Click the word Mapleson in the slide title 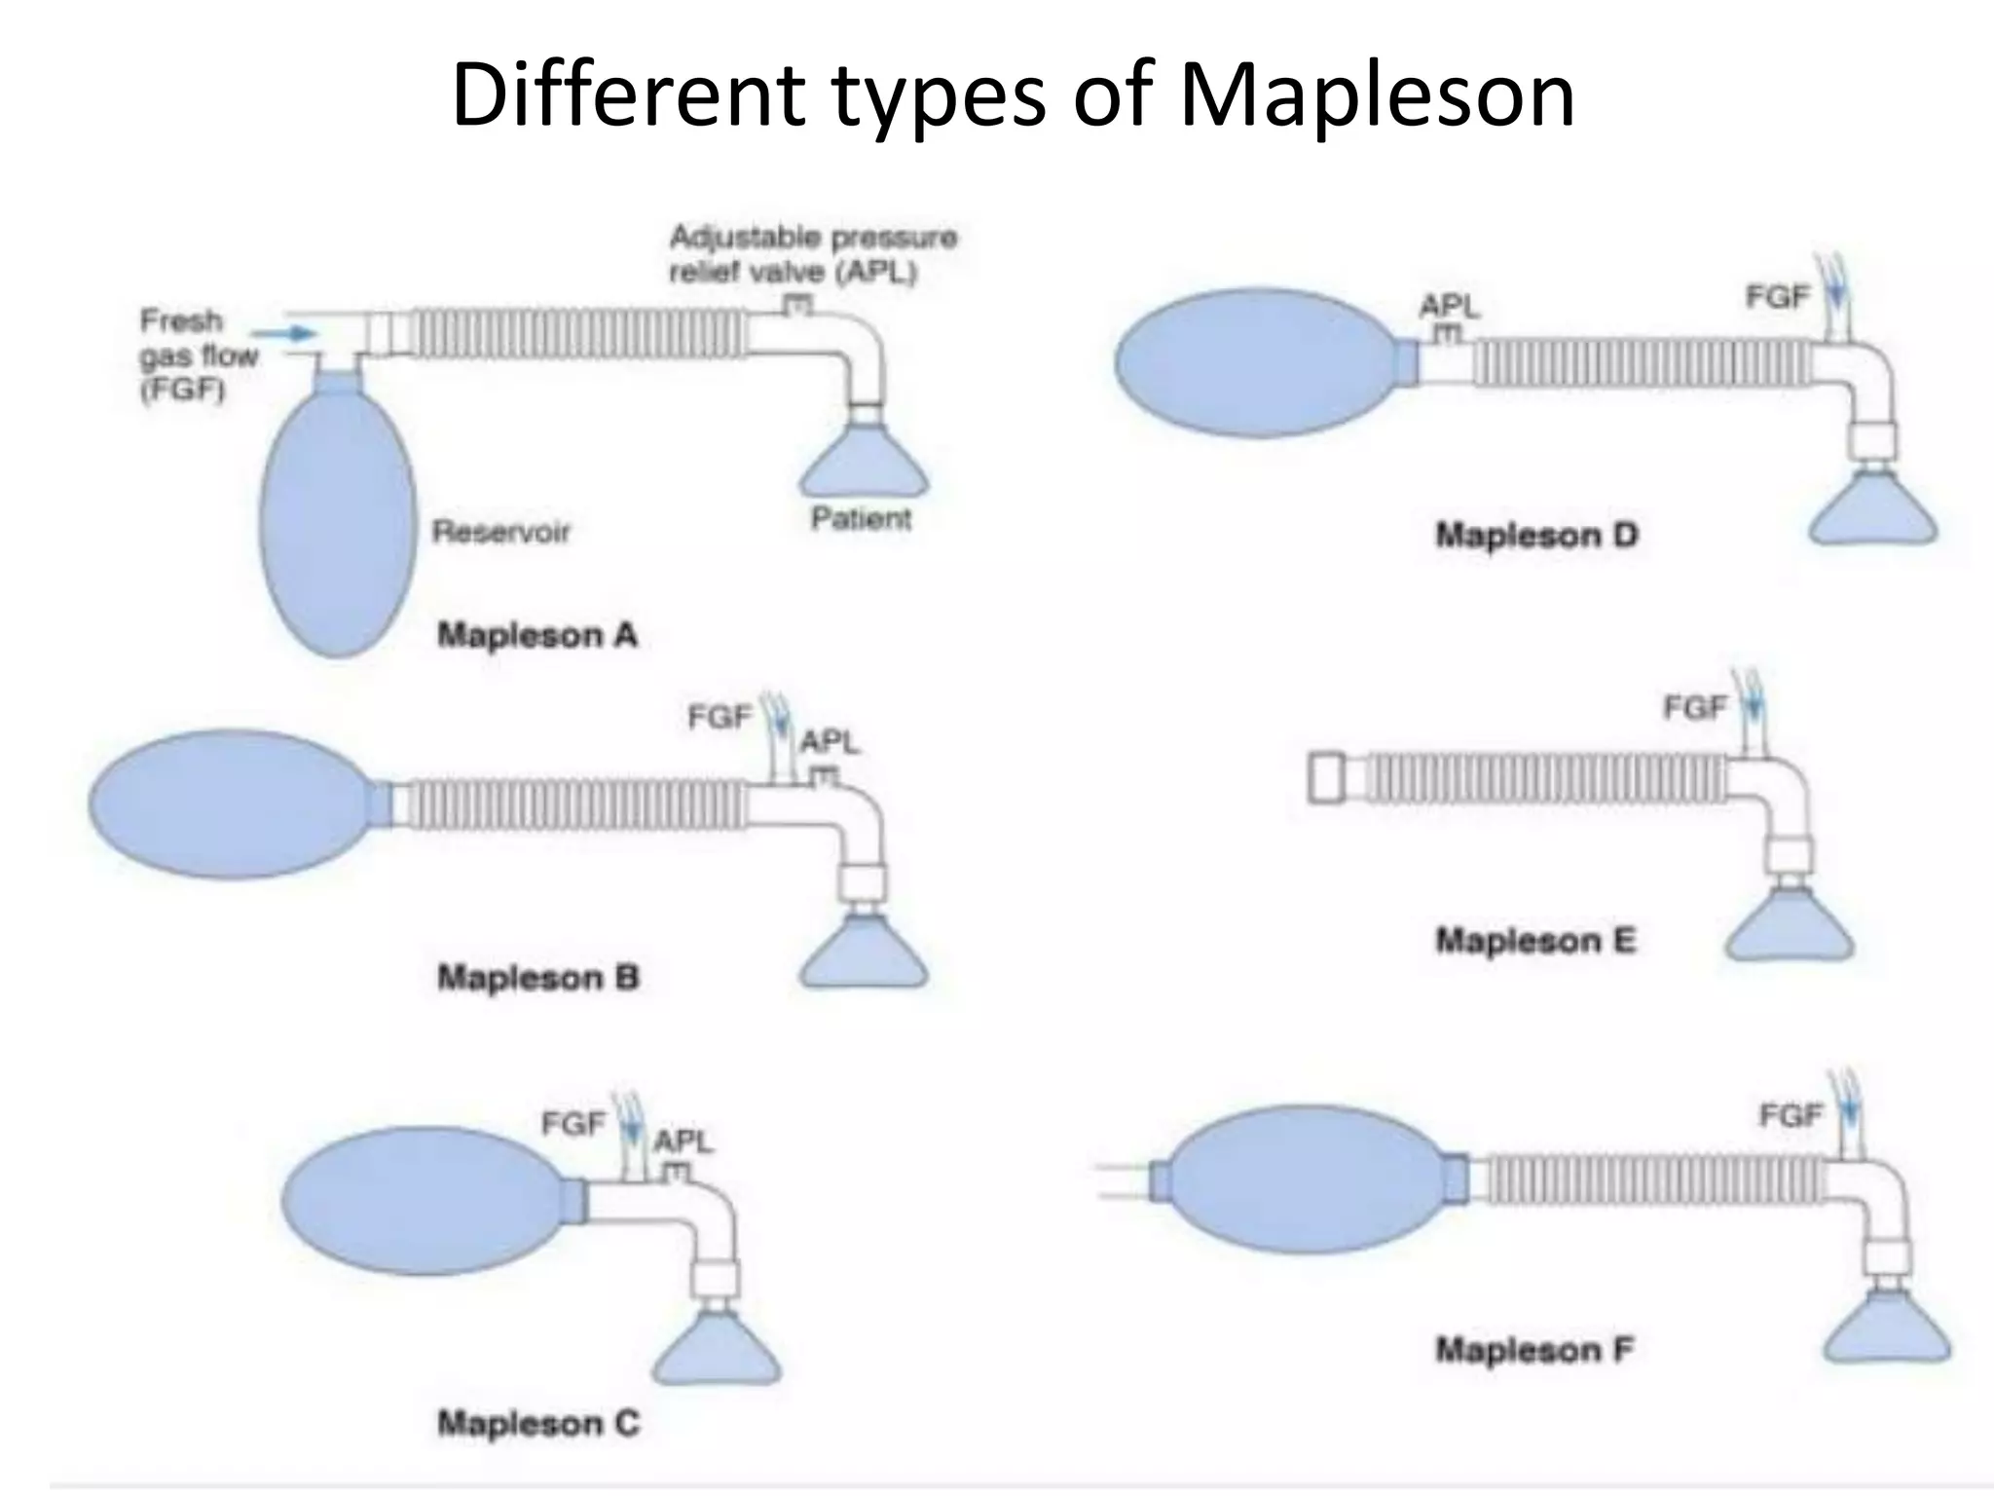click(1377, 95)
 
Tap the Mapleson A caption click(537, 635)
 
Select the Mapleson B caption click(538, 977)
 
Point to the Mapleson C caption click(538, 1423)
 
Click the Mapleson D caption click(1537, 535)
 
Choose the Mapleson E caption click(1536, 940)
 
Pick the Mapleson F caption click(1534, 1350)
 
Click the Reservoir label click(501, 532)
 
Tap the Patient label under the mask click(862, 518)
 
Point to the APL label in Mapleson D click(1449, 307)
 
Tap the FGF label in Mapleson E click(1695, 708)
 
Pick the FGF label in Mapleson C click(573, 1124)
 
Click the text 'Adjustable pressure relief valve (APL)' click(813, 254)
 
